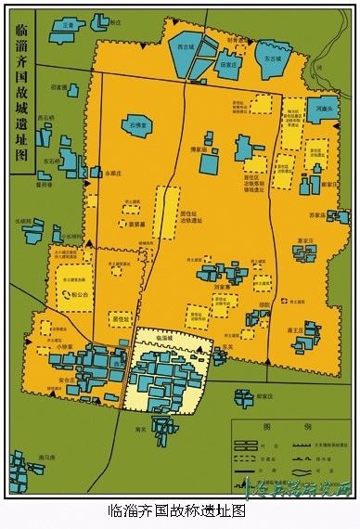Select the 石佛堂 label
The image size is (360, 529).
139,123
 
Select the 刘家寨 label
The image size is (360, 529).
226,287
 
